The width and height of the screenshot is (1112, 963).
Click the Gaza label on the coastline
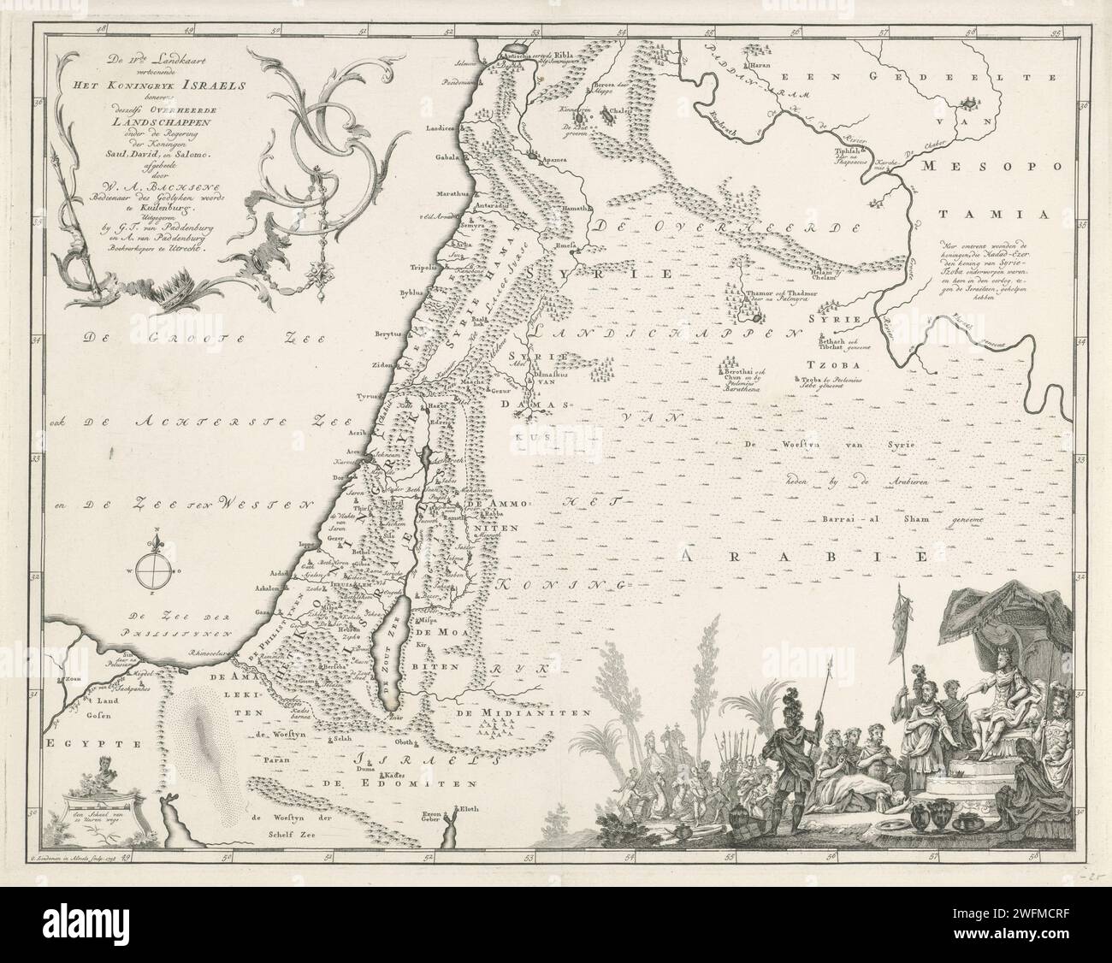pos(263,613)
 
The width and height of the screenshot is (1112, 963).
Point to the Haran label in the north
pos(761,65)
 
